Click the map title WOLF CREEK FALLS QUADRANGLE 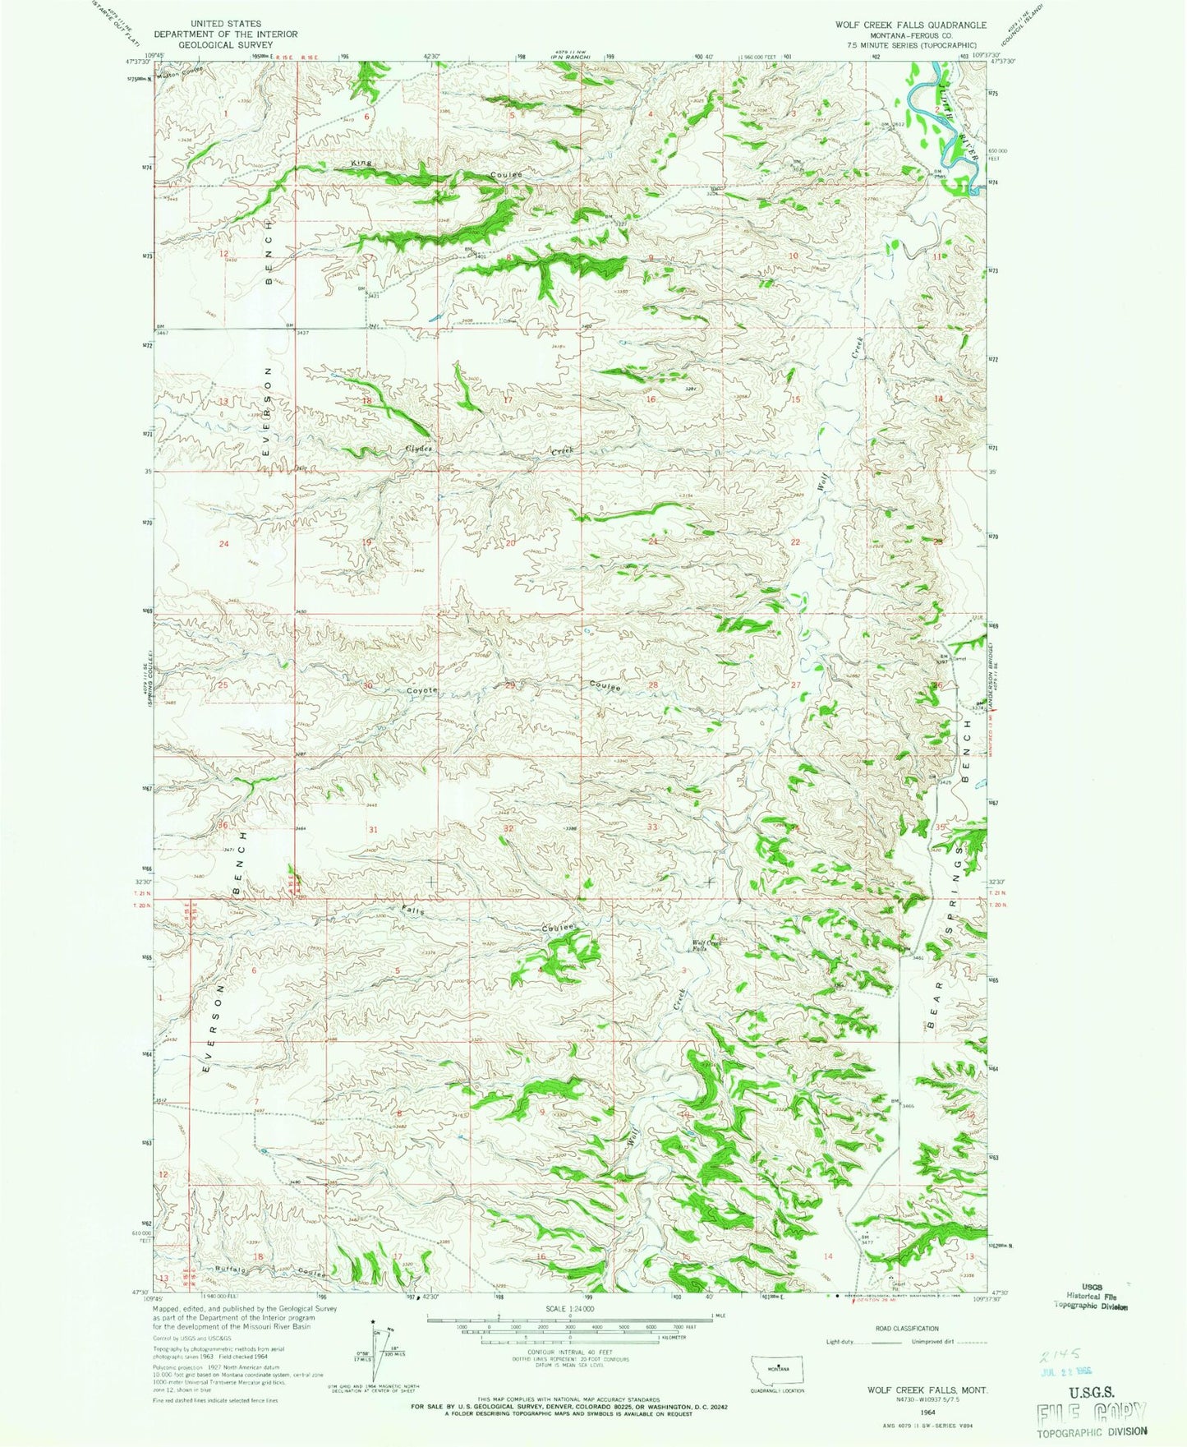(x=911, y=25)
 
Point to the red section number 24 (x=223, y=544)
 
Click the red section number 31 (x=373, y=829)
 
